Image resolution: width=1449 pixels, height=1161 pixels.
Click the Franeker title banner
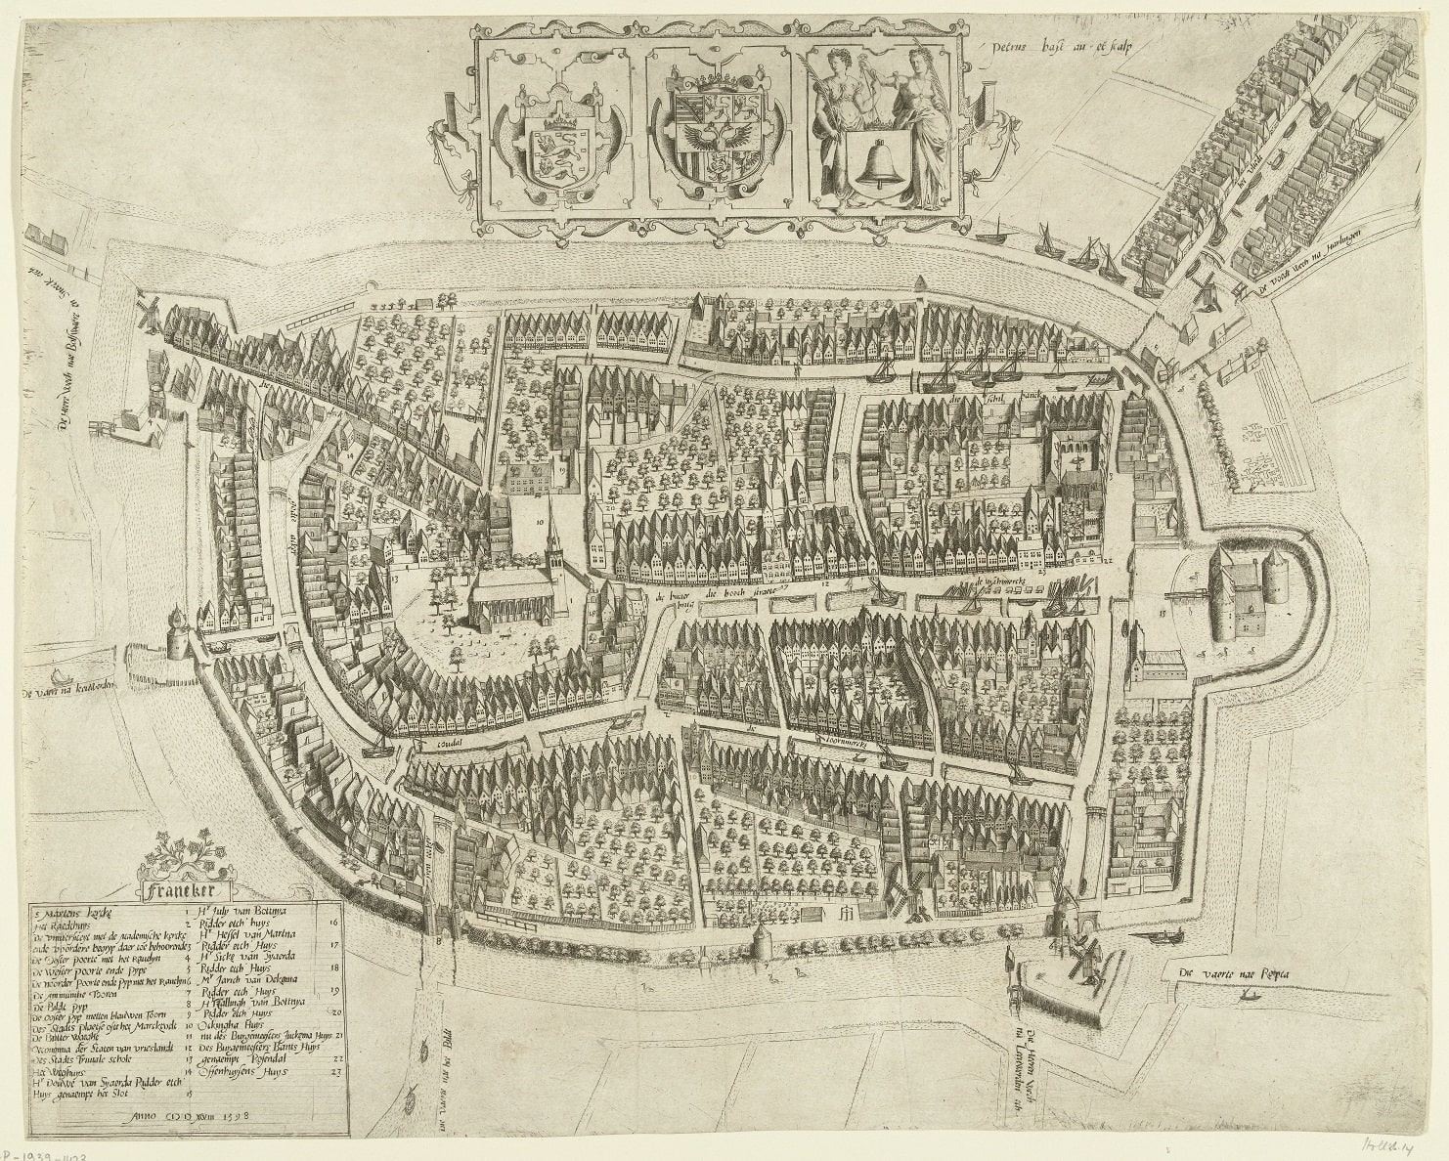pyautogui.click(x=180, y=890)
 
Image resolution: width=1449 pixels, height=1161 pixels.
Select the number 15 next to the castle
pyautogui.click(x=1162, y=614)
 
